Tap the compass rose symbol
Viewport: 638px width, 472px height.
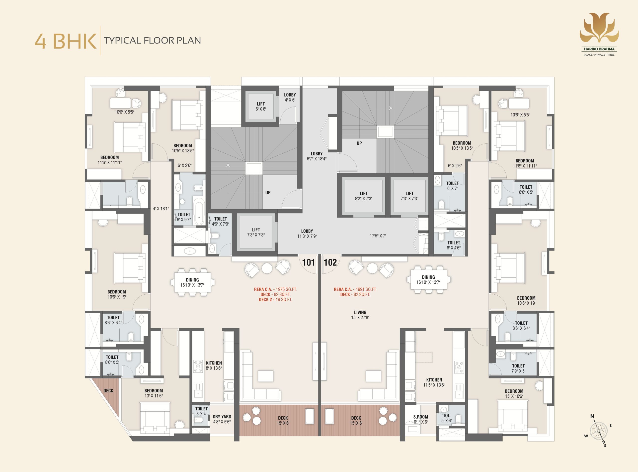coord(599,430)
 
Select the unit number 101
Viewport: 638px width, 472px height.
coord(308,262)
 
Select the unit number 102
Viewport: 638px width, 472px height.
coord(330,262)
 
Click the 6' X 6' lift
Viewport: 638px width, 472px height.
coord(261,106)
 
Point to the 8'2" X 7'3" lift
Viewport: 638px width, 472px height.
coord(363,196)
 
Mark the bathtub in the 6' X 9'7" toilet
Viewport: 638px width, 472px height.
coord(199,212)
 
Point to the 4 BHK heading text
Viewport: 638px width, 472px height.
coord(65,41)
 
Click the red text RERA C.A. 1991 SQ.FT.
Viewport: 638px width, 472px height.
coord(355,289)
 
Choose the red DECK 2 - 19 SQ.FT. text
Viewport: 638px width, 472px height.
coord(275,300)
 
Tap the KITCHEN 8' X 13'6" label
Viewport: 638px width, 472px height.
coord(214,366)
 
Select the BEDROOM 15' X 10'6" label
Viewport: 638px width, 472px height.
coord(514,394)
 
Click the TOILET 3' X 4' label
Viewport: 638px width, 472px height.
coord(201,411)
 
